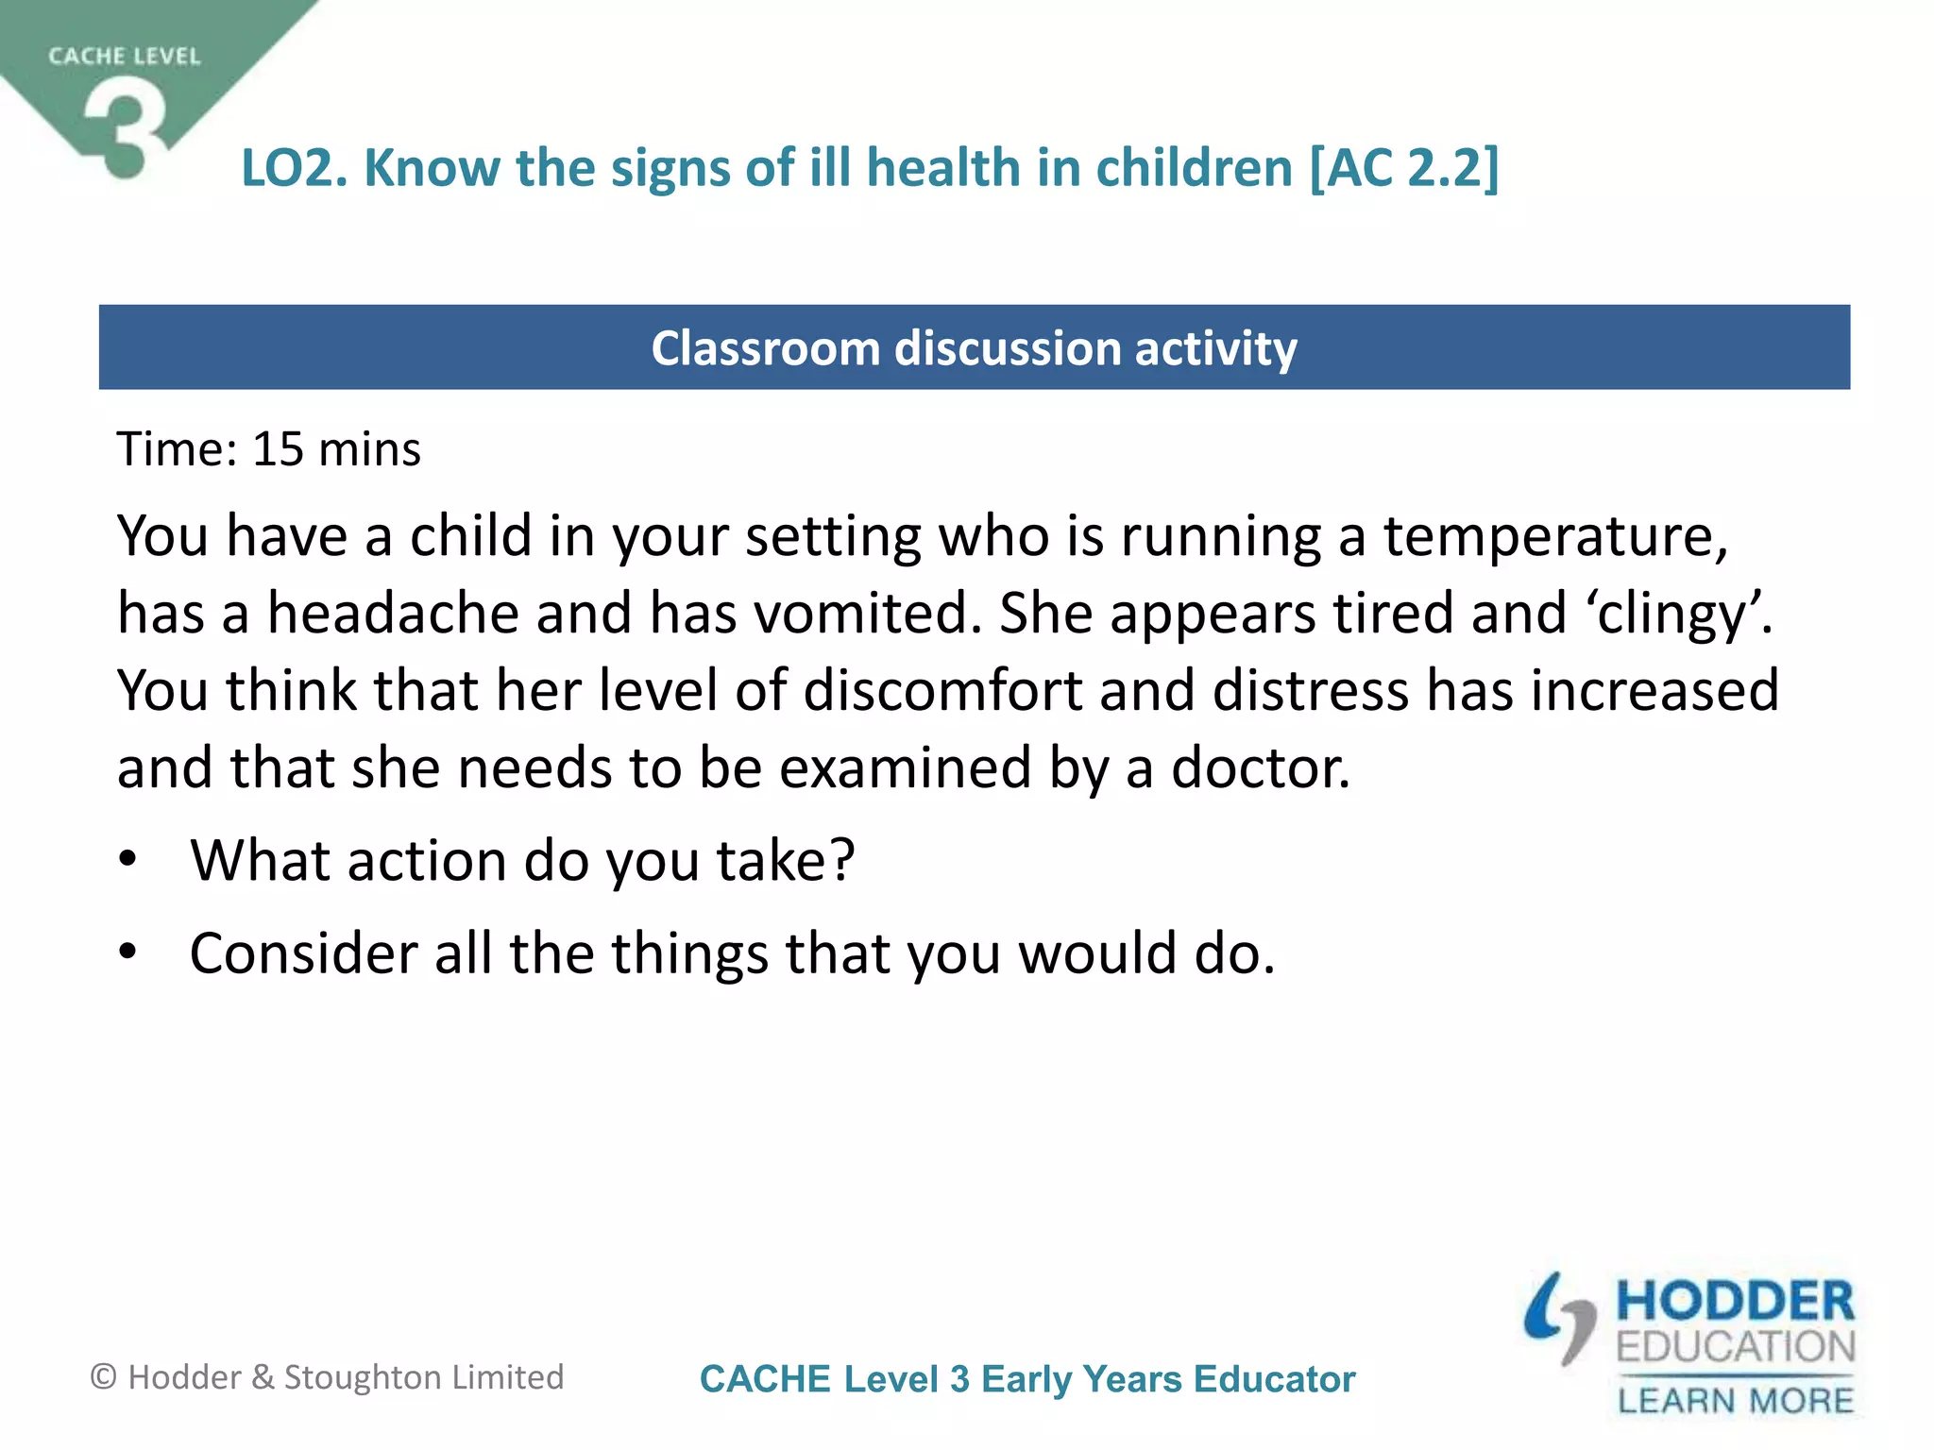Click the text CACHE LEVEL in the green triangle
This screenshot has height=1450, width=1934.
(125, 57)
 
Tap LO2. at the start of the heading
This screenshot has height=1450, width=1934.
(295, 168)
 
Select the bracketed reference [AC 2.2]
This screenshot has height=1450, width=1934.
(1403, 168)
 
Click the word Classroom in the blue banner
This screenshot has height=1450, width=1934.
(764, 348)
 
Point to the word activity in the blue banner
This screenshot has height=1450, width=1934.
(1215, 348)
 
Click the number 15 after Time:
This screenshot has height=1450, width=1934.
(278, 449)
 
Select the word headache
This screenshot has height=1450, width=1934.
(393, 614)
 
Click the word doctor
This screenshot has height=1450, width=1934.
(1261, 768)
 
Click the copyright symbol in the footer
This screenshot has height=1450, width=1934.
(103, 1377)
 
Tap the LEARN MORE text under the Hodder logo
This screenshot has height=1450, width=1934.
(1736, 1400)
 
